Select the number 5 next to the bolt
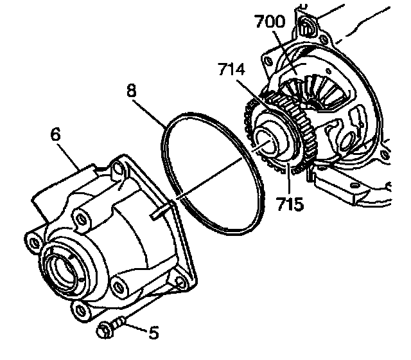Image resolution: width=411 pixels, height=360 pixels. pos(153,332)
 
